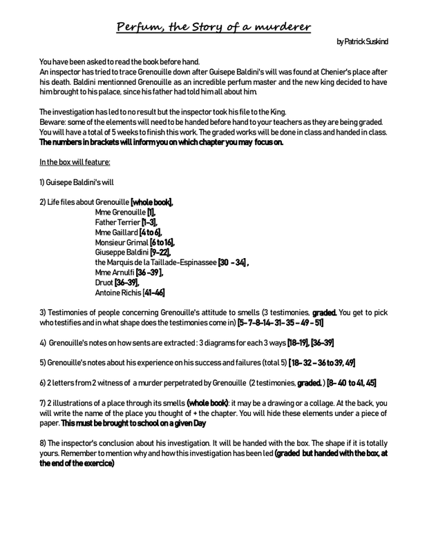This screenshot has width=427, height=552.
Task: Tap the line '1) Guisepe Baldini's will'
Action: coord(77,182)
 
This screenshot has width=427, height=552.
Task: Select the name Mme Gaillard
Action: coord(116,233)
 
